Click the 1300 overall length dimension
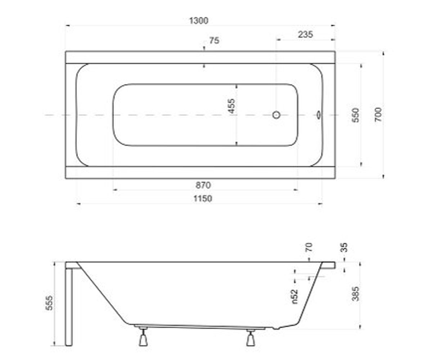199,21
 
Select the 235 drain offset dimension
305,34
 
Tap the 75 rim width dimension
214,41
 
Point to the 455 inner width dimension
231,106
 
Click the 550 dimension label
356,115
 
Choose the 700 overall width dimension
378,114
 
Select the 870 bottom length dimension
203,185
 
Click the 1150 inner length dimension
203,199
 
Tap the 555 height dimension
49,303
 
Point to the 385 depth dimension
355,294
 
